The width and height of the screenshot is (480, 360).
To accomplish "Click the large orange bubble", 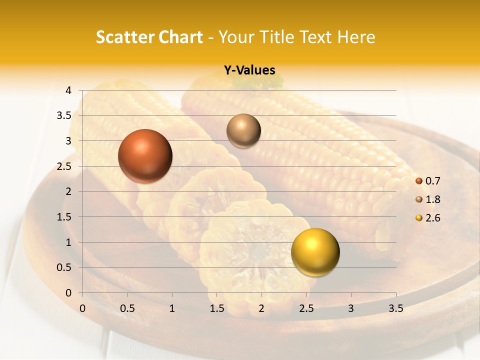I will [x=145, y=155].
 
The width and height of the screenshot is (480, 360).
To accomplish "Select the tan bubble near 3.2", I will [x=243, y=130].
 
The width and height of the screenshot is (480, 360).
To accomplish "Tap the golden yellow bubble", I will [x=315, y=252].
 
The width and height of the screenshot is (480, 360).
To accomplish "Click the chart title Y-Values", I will [x=249, y=70].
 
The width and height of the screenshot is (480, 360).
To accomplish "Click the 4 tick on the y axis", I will [x=68, y=90].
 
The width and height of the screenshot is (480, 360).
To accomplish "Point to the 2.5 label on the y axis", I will [x=64, y=166].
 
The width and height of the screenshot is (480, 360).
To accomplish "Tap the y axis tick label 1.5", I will [x=64, y=217].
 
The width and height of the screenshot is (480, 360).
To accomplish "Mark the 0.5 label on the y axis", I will [x=64, y=267].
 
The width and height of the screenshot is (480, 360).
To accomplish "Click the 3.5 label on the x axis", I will [x=395, y=308].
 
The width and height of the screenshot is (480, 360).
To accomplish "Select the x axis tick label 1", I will [x=172, y=308].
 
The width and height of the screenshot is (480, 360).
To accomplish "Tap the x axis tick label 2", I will [x=261, y=308].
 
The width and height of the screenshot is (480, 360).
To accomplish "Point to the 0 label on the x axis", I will [x=83, y=308].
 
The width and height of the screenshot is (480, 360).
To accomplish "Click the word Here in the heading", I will [x=356, y=37].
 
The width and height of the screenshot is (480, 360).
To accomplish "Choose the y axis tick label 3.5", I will [x=64, y=116].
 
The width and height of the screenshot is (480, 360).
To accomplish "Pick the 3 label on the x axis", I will [x=351, y=308].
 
